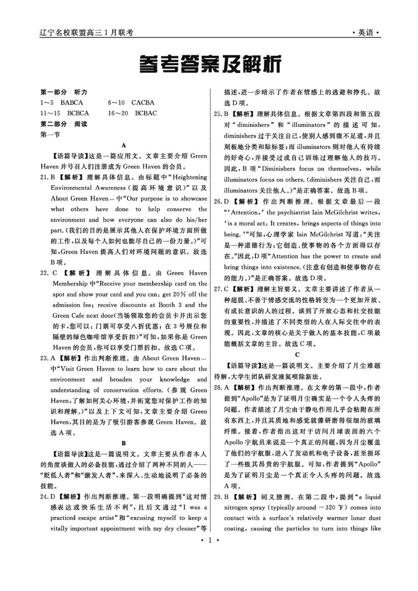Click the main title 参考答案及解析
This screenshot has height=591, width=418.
pyautogui.click(x=208, y=65)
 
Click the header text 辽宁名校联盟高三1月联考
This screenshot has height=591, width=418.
pyautogui.click(x=87, y=32)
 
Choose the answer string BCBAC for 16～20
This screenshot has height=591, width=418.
pyautogui.click(x=146, y=113)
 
